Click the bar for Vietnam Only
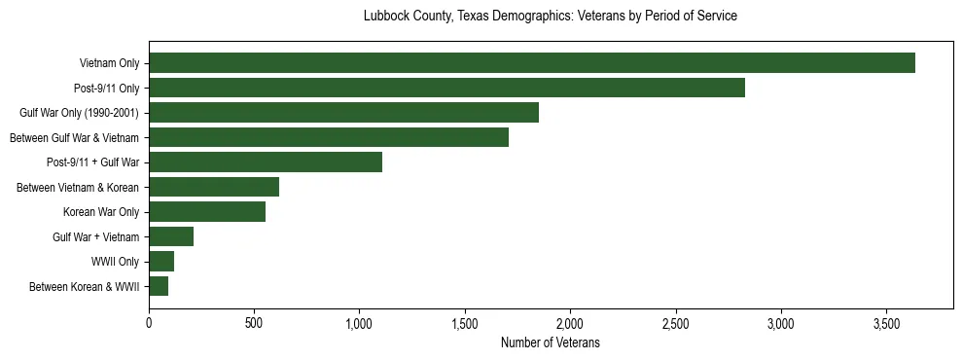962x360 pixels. click(532, 63)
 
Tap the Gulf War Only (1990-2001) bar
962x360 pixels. click(343, 113)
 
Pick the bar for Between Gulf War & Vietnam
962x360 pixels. click(329, 137)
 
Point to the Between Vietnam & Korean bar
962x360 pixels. click(214, 187)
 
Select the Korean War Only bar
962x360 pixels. click(207, 212)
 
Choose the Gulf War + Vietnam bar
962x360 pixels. click(171, 236)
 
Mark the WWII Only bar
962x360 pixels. click(161, 262)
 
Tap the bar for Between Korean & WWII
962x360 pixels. click(159, 286)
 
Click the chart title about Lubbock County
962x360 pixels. click(550, 17)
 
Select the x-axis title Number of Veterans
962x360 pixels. click(550, 342)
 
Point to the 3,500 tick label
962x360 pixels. click(886, 322)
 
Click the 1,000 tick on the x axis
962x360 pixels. click(360, 322)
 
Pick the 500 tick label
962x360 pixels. click(254, 322)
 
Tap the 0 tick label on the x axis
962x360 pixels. click(149, 322)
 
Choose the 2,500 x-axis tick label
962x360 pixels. click(676, 322)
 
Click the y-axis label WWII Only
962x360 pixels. click(115, 262)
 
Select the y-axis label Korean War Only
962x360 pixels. click(101, 212)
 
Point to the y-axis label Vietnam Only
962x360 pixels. click(109, 63)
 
